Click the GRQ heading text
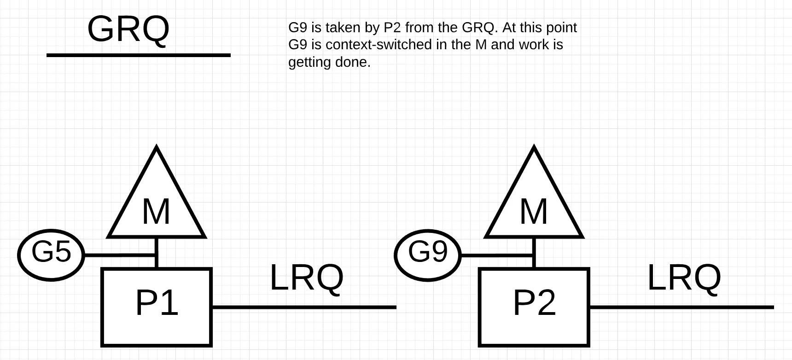click(128, 29)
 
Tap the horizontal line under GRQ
click(138, 55)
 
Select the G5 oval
click(51, 255)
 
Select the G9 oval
click(428, 255)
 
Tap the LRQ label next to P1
click(306, 278)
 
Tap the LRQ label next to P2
click(684, 278)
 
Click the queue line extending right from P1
click(304, 307)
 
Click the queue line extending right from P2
click(681, 307)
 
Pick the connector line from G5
click(120, 255)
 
